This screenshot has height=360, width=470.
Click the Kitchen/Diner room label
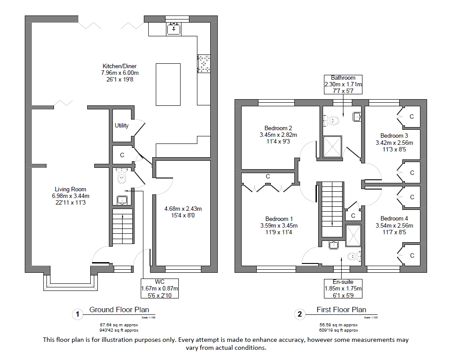point(120,66)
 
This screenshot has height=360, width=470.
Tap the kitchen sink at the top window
point(174,29)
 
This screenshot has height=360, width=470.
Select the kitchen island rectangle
point(168,84)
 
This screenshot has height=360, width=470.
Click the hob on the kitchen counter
point(204,63)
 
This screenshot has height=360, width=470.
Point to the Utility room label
point(122,126)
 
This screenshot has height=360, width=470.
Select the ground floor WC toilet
point(122,178)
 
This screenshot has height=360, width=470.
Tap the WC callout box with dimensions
point(159,289)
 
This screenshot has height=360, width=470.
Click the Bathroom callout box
point(343,84)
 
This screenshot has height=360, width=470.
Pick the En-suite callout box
point(343,288)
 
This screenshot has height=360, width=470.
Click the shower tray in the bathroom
point(332,146)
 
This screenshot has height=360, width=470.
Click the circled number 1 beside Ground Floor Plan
point(77,314)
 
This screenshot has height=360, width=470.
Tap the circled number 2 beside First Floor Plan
point(300,314)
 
